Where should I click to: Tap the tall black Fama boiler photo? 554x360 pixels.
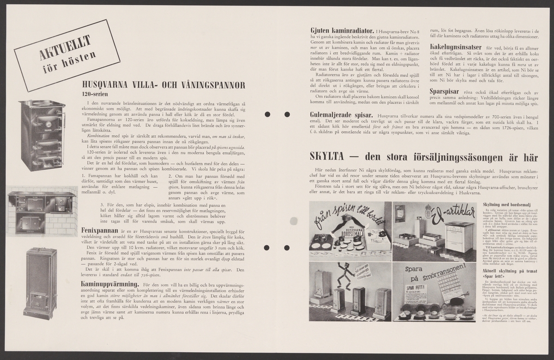click(43, 135)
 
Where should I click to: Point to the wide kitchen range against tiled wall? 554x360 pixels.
click(41, 210)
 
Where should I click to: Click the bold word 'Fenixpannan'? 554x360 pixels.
click(102, 229)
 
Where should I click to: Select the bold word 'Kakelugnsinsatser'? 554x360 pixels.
click(456, 48)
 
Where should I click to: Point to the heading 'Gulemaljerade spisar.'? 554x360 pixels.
click(342, 114)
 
